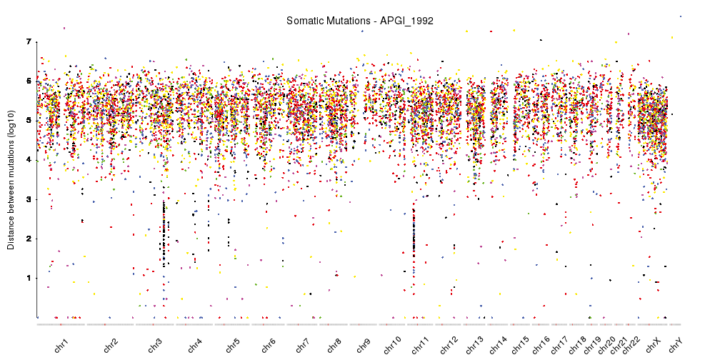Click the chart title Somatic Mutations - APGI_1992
(x=359, y=21)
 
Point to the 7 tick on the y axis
(x=29, y=42)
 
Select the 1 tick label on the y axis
(x=29, y=278)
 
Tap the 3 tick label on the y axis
(x=29, y=199)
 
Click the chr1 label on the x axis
(x=61, y=346)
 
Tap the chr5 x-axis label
(x=232, y=346)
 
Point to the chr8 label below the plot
(x=334, y=346)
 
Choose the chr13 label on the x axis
(x=474, y=346)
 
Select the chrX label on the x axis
(x=653, y=346)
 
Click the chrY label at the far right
(x=676, y=346)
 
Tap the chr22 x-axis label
(x=631, y=346)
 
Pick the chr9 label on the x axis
(x=363, y=346)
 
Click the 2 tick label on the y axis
(x=29, y=239)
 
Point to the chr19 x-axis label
(x=592, y=346)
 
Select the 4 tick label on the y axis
(x=29, y=160)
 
